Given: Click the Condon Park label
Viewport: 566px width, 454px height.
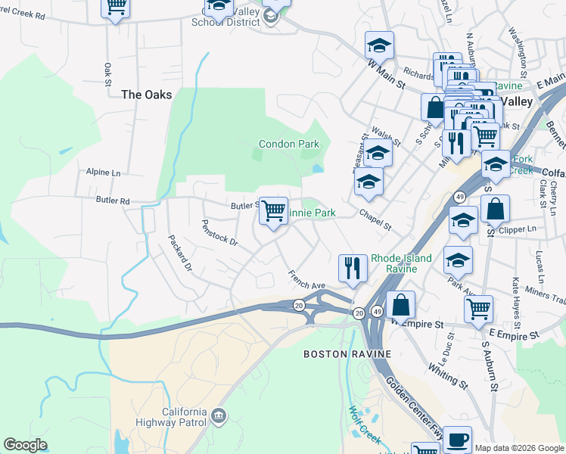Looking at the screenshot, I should (289, 144).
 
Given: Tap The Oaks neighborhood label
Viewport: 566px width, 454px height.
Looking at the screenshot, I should (147, 95).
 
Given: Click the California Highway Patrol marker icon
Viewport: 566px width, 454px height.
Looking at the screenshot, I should (219, 415).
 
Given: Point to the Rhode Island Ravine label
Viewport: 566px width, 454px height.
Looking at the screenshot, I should (401, 263).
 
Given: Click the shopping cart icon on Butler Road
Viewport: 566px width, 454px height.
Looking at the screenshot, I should (273, 210).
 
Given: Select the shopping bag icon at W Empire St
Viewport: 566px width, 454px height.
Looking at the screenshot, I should (400, 305).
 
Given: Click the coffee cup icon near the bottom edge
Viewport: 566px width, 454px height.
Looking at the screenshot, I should (456, 440).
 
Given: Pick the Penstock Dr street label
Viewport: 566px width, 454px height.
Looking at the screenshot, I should (219, 233).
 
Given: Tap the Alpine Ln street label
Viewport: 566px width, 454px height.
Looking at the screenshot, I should (103, 173).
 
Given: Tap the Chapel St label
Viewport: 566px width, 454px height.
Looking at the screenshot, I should (375, 222).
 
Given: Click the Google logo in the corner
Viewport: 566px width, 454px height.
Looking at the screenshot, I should (26, 445).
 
